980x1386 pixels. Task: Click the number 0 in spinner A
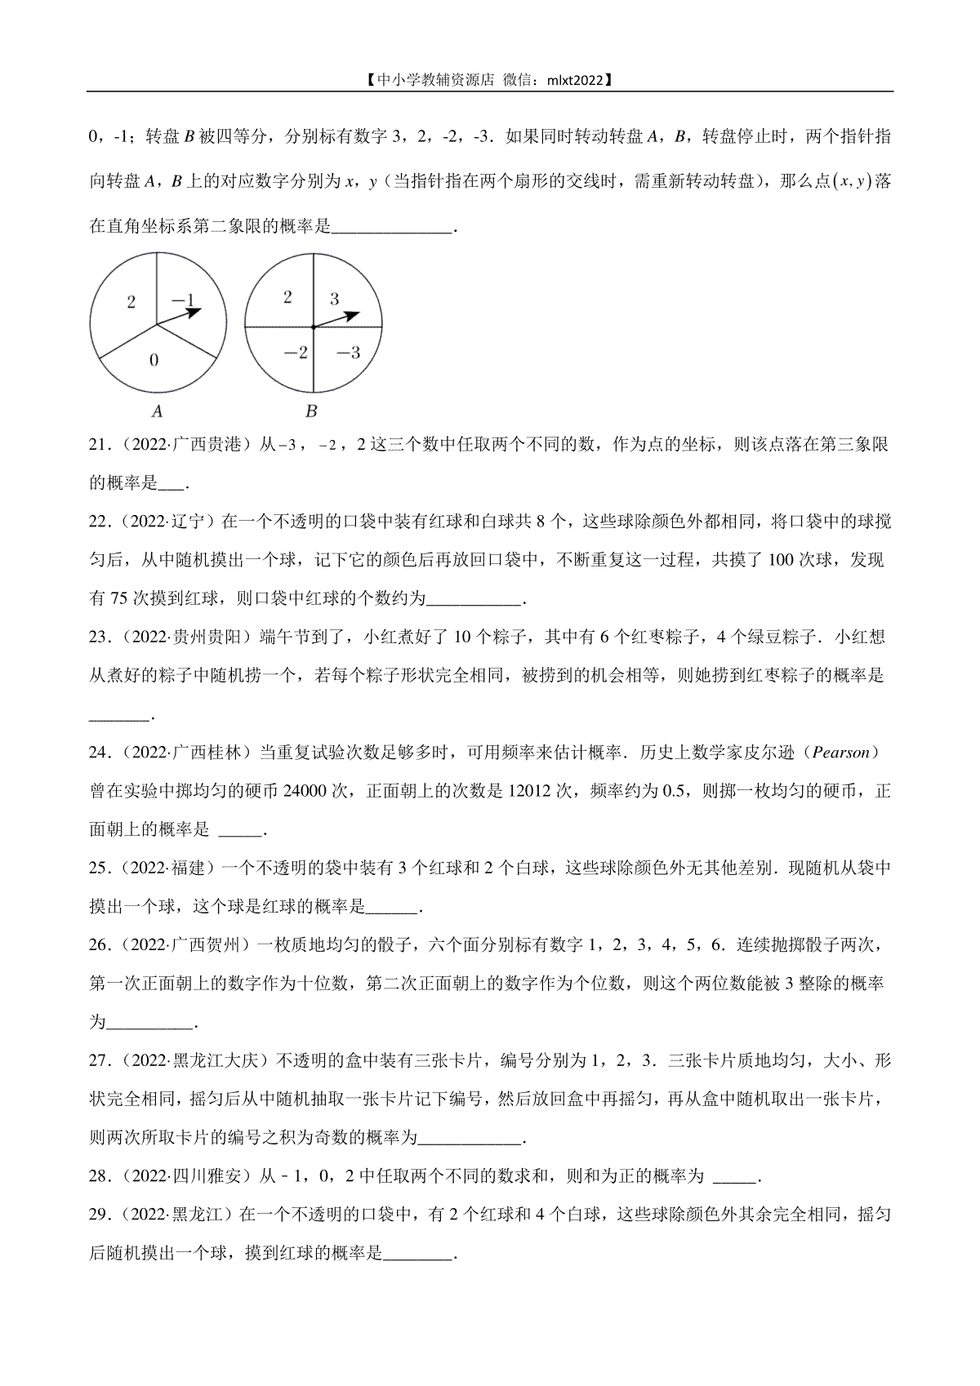154,360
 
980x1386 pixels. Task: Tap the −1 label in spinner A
183,300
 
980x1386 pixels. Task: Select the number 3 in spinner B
334,300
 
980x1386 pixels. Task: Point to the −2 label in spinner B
295,353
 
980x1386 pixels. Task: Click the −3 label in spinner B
348,353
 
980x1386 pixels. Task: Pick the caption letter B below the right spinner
311,411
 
